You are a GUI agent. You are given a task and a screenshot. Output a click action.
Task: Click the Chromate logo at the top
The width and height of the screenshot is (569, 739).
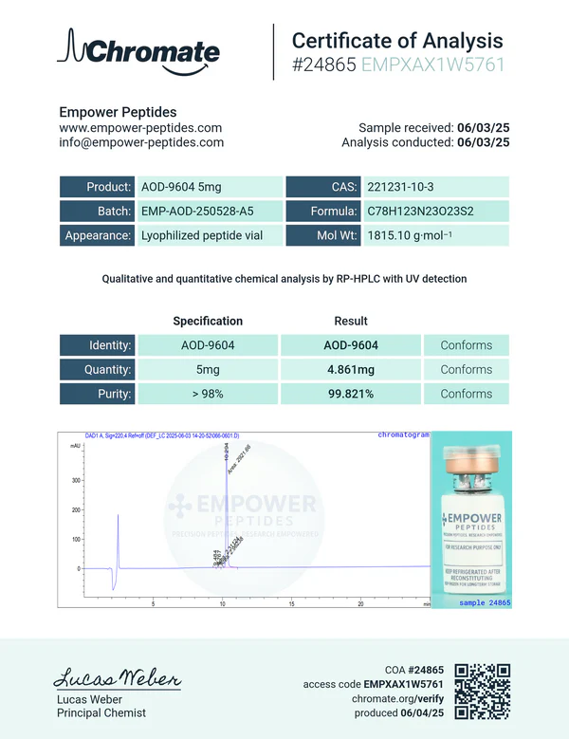pos(138,51)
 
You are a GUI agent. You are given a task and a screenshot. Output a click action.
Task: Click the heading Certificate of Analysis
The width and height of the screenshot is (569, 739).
pos(396,41)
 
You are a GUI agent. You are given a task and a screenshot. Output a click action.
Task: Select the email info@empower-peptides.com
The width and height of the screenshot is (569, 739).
pos(141,142)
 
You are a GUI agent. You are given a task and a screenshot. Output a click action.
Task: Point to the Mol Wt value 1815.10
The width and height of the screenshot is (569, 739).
pos(407,236)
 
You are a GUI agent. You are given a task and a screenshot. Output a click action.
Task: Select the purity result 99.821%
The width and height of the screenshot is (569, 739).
pos(351,394)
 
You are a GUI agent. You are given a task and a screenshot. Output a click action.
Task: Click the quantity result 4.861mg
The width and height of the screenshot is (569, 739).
pos(351,370)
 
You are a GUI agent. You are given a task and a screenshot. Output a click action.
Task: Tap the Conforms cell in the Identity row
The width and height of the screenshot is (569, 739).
pos(466,345)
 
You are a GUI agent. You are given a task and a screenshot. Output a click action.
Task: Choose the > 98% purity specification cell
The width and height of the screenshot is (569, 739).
pos(208,394)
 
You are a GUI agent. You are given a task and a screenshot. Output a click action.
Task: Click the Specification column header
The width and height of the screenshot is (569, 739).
pos(208,321)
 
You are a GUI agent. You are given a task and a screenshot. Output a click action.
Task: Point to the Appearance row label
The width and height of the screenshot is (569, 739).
pos(97,236)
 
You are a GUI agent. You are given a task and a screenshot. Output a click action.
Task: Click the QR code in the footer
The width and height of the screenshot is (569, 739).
pos(484,690)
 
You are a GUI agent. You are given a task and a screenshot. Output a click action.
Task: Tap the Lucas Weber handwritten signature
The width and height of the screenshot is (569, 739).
pos(116,679)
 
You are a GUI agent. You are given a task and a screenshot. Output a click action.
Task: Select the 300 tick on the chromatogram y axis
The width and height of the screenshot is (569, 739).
pos(76,481)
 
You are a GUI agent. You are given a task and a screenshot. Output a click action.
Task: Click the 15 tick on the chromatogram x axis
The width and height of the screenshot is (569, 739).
pos(291,603)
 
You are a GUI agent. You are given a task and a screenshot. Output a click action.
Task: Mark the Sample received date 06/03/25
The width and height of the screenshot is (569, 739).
pos(484,128)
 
